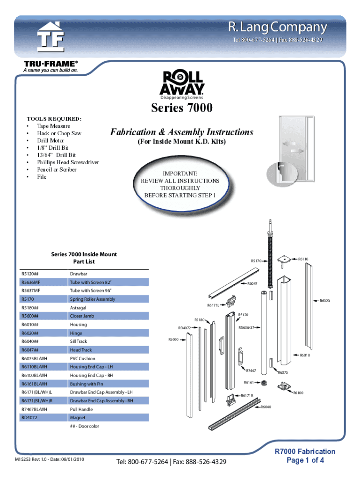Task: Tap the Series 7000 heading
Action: coord(182,109)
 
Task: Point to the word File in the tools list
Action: coord(42,177)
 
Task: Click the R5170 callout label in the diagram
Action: coord(256,261)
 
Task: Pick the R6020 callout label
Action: coord(324,301)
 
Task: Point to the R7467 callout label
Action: coord(251,370)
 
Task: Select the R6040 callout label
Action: coord(266,407)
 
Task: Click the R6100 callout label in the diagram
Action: coord(298,392)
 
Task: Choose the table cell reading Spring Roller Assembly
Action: coord(93,299)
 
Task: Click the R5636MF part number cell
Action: coord(31,282)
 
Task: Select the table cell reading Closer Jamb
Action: coord(82,316)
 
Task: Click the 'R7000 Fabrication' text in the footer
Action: coord(304,451)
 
